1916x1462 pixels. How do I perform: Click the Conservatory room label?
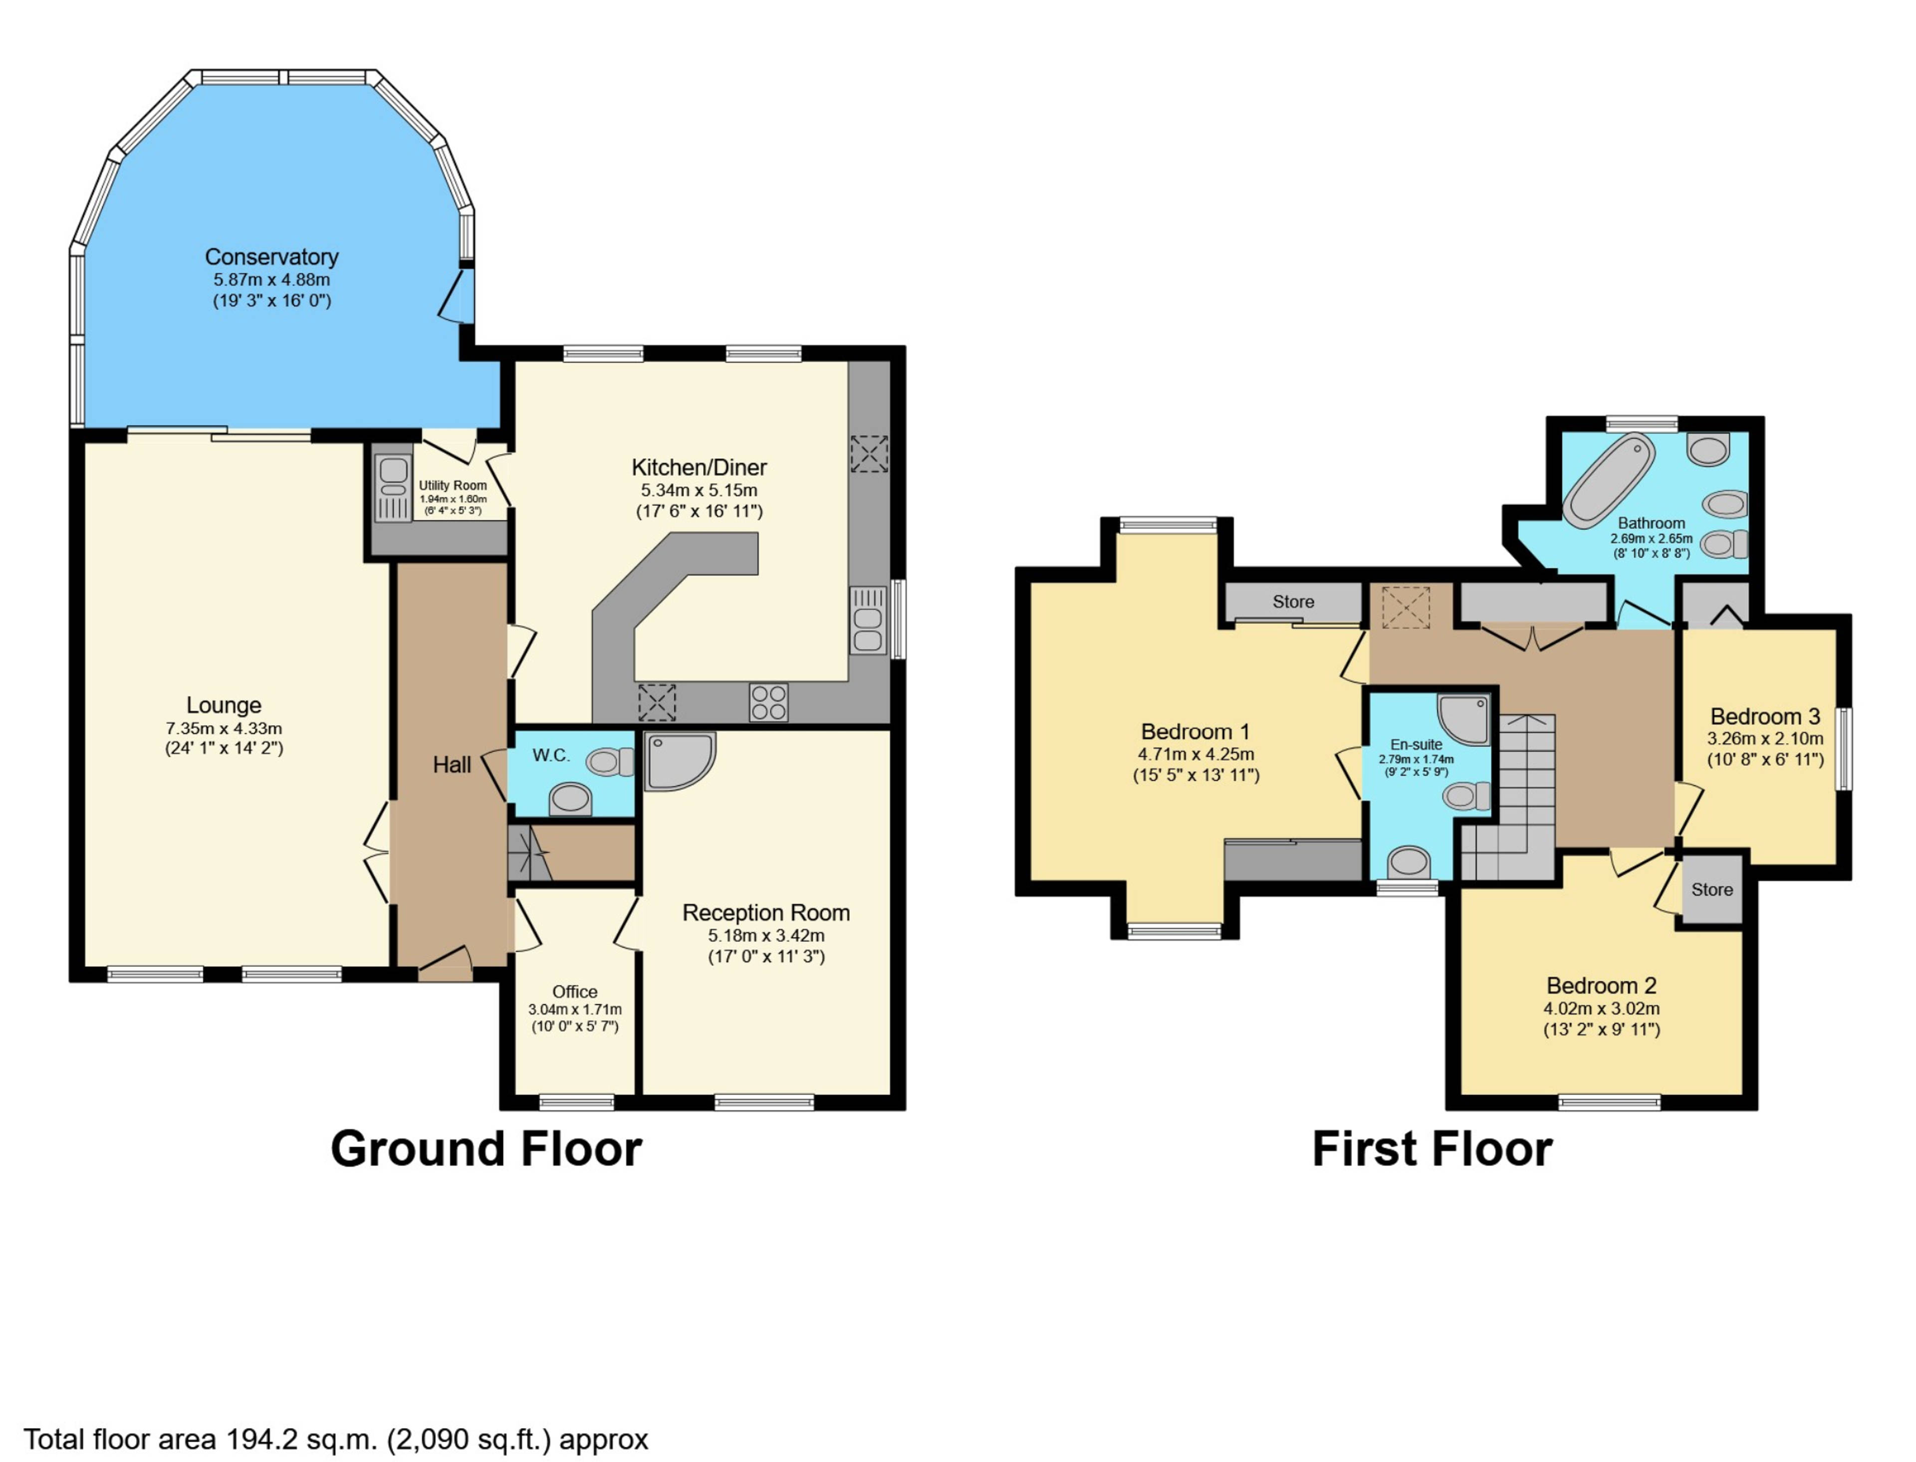(271, 257)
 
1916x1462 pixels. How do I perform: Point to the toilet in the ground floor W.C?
(609, 762)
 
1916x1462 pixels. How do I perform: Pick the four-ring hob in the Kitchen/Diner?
(769, 702)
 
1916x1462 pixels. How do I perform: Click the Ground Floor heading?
(486, 1149)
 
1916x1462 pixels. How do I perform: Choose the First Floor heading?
(1432, 1149)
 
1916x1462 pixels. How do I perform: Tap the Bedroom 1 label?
(1195, 732)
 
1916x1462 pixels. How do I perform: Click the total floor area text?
(336, 1440)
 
